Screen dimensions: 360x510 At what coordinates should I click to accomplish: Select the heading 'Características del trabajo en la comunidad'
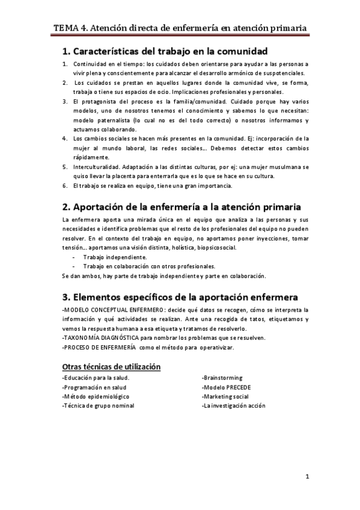point(165,51)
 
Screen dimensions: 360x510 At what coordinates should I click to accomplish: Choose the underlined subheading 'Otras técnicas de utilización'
point(111,366)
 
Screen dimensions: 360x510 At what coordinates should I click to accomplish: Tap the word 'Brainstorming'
point(222,378)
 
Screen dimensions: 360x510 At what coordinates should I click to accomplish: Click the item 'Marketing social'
point(226,396)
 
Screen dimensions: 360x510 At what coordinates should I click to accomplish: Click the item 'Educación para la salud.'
point(96,378)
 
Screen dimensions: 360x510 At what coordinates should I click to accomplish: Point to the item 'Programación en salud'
point(94,387)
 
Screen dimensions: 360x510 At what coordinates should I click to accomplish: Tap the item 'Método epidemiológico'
point(95,396)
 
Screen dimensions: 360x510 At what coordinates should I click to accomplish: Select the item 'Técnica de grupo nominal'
point(98,406)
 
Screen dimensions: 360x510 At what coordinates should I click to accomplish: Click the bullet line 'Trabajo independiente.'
point(115,257)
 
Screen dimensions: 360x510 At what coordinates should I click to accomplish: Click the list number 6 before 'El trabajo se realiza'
point(66,186)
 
